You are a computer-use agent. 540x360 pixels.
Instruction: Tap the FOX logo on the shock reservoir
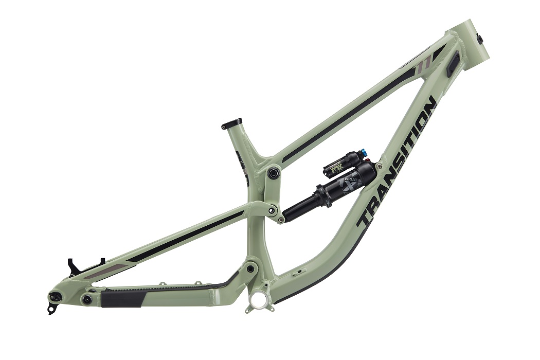coord(335,167)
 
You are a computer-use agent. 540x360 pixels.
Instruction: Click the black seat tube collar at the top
coord(231,123)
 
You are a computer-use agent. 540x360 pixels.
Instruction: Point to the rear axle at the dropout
coord(55,296)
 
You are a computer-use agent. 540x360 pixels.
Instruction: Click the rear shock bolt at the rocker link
coord(281,219)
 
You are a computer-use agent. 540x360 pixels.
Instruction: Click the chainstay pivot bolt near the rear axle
coord(87,299)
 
